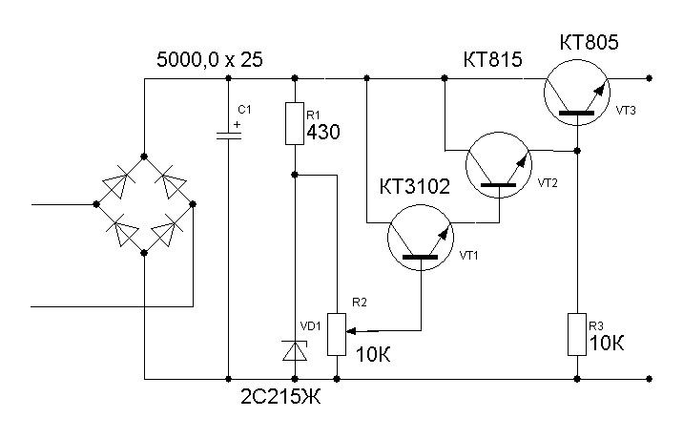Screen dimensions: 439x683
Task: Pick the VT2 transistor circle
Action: [500, 167]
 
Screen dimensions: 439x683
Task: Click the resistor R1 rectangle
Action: [295, 123]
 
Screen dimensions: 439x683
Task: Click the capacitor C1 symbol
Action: [229, 135]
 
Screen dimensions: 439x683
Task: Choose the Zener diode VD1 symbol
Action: [295, 350]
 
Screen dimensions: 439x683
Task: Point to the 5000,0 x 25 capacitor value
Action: [209, 60]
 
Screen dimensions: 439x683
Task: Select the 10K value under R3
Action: [609, 344]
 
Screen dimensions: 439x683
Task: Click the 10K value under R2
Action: [373, 355]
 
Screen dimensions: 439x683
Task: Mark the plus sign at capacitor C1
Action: [238, 124]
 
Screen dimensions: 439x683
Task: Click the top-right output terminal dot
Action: [648, 77]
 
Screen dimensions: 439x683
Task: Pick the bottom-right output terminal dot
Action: [648, 378]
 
